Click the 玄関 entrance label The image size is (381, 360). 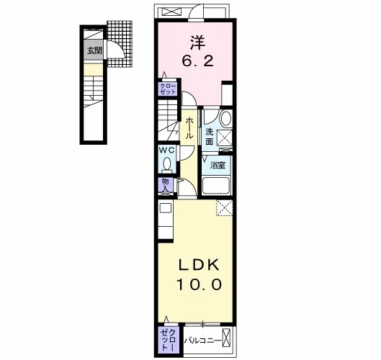tap(95, 50)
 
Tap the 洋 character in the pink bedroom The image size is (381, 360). tap(197, 42)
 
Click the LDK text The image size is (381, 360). tap(199, 265)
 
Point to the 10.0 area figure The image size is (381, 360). tap(199, 284)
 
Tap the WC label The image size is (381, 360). tap(166, 150)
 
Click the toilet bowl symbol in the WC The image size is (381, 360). tap(166, 164)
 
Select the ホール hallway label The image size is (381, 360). tap(189, 128)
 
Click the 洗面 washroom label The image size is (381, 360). tap(209, 137)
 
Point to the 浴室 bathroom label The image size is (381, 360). tap(218, 166)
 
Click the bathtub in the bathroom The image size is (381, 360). tap(216, 186)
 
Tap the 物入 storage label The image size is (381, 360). tap(165, 185)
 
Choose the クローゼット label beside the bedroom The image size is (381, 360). tap(167, 89)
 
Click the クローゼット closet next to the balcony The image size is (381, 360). tap(169, 340)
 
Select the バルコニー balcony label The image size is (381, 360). tap(202, 341)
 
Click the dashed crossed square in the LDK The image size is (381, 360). tap(225, 207)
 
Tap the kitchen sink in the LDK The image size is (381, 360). tap(165, 208)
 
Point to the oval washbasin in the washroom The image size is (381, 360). tap(225, 119)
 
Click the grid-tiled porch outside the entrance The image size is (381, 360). tap(120, 44)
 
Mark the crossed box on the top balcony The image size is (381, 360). tap(172, 12)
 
